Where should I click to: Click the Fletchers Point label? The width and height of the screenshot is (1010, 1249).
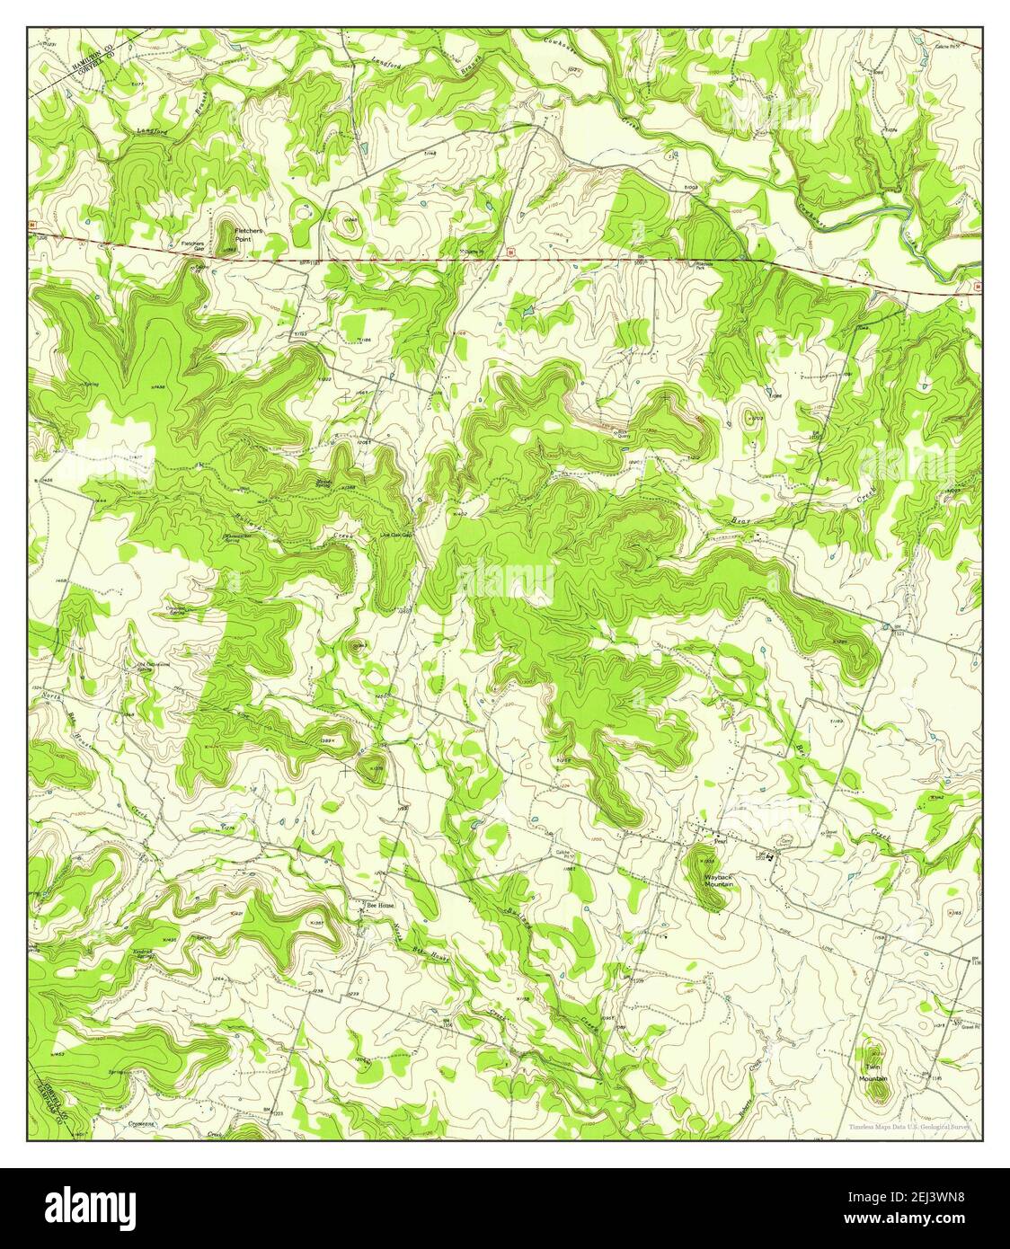(x=248, y=235)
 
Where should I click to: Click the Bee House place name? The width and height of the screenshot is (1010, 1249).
(x=379, y=905)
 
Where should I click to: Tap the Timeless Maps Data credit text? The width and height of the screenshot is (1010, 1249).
(x=908, y=1126)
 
